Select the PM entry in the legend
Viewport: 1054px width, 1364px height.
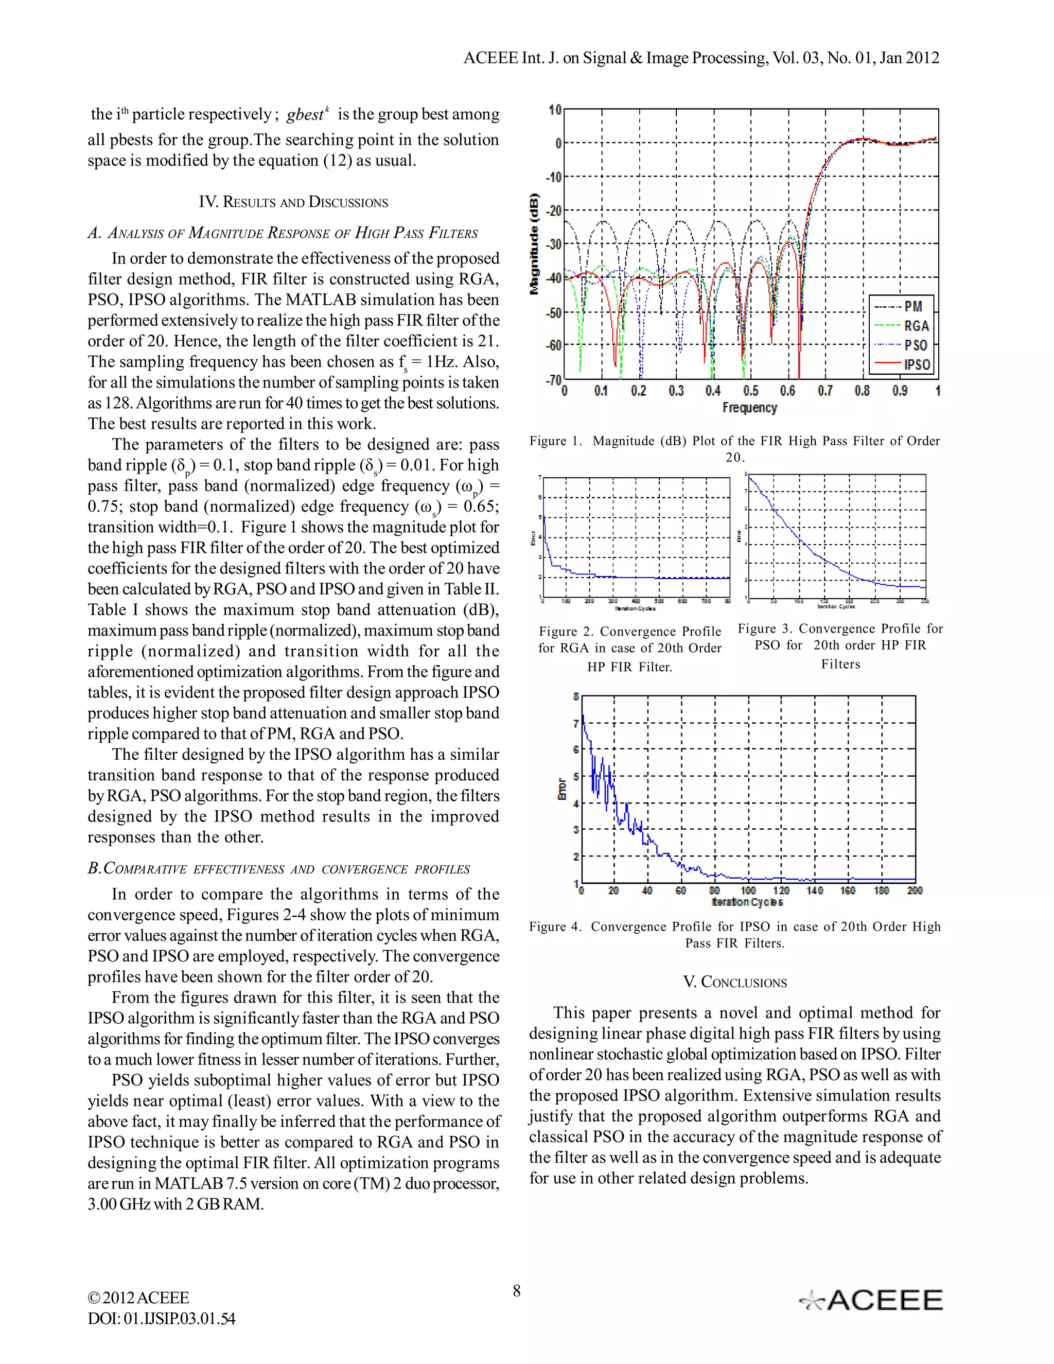(913, 306)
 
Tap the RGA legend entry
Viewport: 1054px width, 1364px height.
(916, 325)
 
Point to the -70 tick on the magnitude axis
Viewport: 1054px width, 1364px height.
(554, 379)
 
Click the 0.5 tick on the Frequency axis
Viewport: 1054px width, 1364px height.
(750, 391)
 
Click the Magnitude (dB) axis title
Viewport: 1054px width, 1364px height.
(535, 244)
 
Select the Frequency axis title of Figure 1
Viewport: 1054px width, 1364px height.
(749, 408)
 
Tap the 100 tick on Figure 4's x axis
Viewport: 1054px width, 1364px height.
(748, 890)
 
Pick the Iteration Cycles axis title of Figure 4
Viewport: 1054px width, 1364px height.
(747, 902)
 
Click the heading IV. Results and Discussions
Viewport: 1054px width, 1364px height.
(293, 202)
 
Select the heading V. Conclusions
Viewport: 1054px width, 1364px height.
(734, 983)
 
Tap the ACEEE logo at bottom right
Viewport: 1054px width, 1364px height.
(871, 1300)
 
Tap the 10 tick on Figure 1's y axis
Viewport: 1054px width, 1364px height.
(554, 110)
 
